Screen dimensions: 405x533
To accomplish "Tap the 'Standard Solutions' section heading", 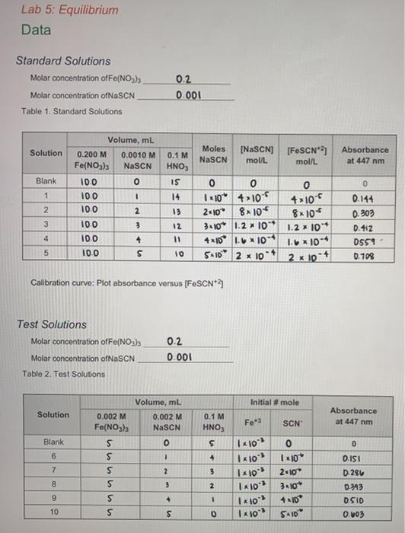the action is pos(63,61).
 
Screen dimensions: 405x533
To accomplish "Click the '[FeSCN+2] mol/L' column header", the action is pos(302,156).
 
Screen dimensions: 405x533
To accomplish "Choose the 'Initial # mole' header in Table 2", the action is pos(275,402).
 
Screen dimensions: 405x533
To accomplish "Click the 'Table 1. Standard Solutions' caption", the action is pos(72,111).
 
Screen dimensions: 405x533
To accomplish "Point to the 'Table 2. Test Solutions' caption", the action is pos(64,374).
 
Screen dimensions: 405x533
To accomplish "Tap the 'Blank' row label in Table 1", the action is pos(46,182).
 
